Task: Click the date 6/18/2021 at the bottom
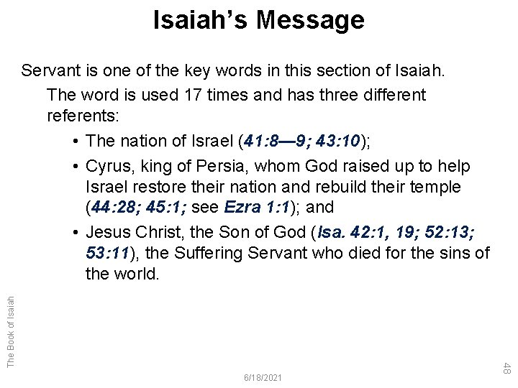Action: coord(264,377)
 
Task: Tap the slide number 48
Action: coord(506,369)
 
